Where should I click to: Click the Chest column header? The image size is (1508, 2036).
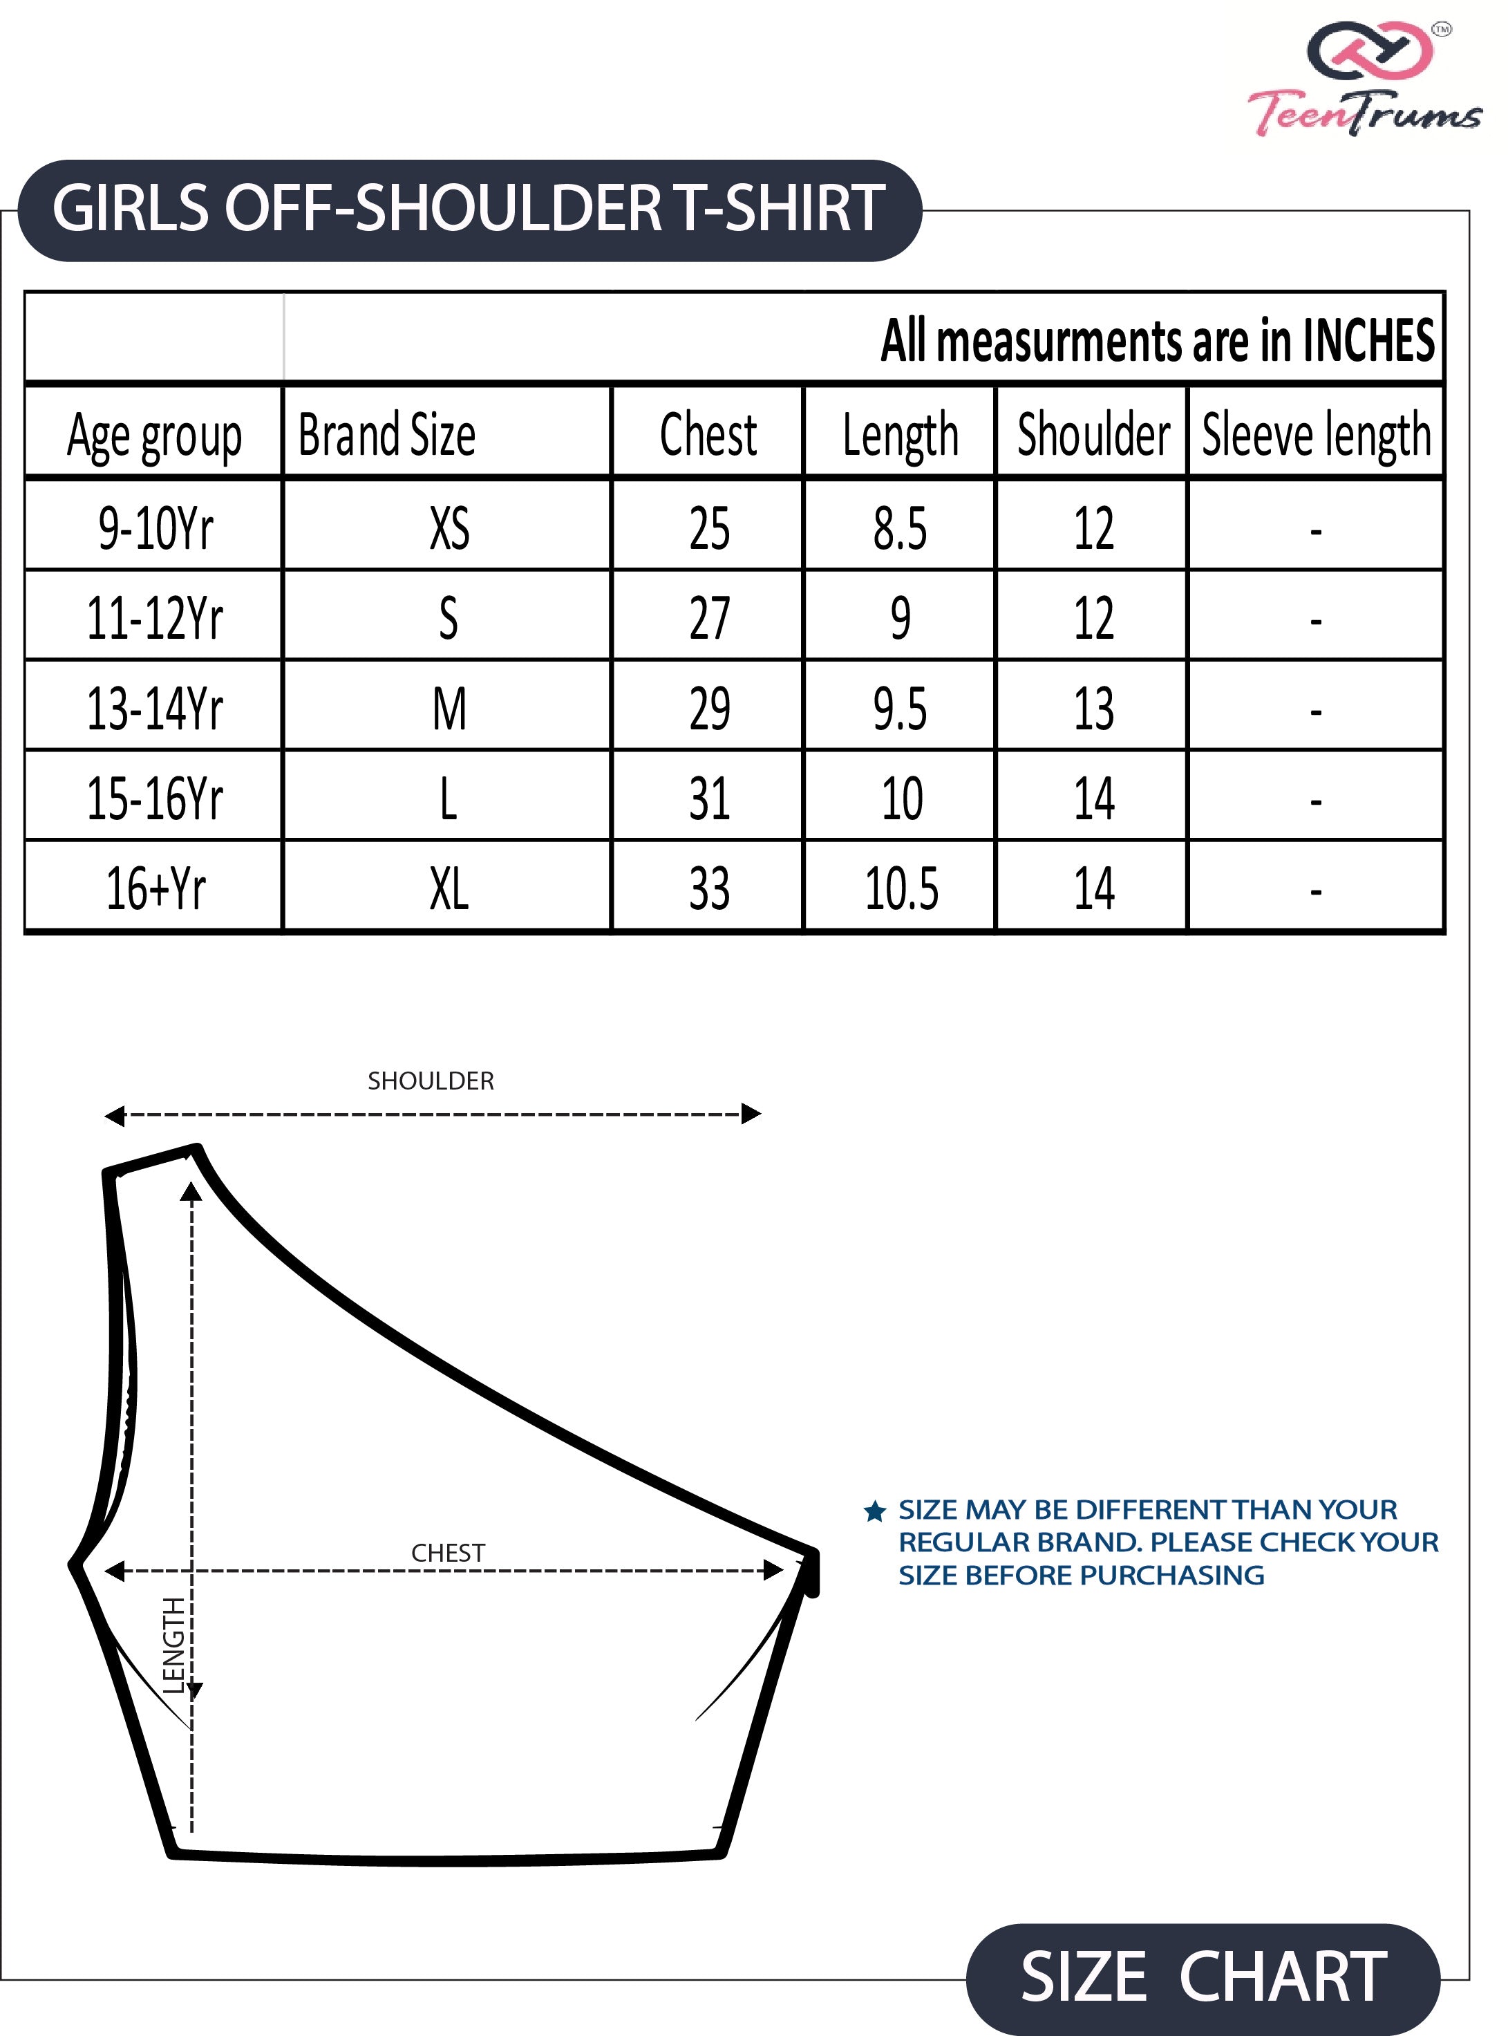tap(708, 435)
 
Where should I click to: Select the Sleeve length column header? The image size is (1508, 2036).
tap(1315, 435)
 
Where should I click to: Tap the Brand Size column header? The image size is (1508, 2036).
tap(387, 435)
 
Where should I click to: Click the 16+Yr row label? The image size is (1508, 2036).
tap(155, 888)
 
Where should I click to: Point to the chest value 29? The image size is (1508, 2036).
tap(709, 709)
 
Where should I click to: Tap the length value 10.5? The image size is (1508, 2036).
tap(901, 888)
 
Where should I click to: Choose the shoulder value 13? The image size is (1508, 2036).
tap(1093, 709)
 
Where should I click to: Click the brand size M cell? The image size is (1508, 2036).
tap(449, 709)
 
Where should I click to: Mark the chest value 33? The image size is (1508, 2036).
tap(709, 888)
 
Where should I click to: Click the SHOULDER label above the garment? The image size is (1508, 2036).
tap(431, 1081)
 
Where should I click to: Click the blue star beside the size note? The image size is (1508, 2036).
tap(874, 1512)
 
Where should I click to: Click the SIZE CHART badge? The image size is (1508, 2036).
tap(1203, 1977)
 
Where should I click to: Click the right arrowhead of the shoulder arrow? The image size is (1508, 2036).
tap(751, 1114)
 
